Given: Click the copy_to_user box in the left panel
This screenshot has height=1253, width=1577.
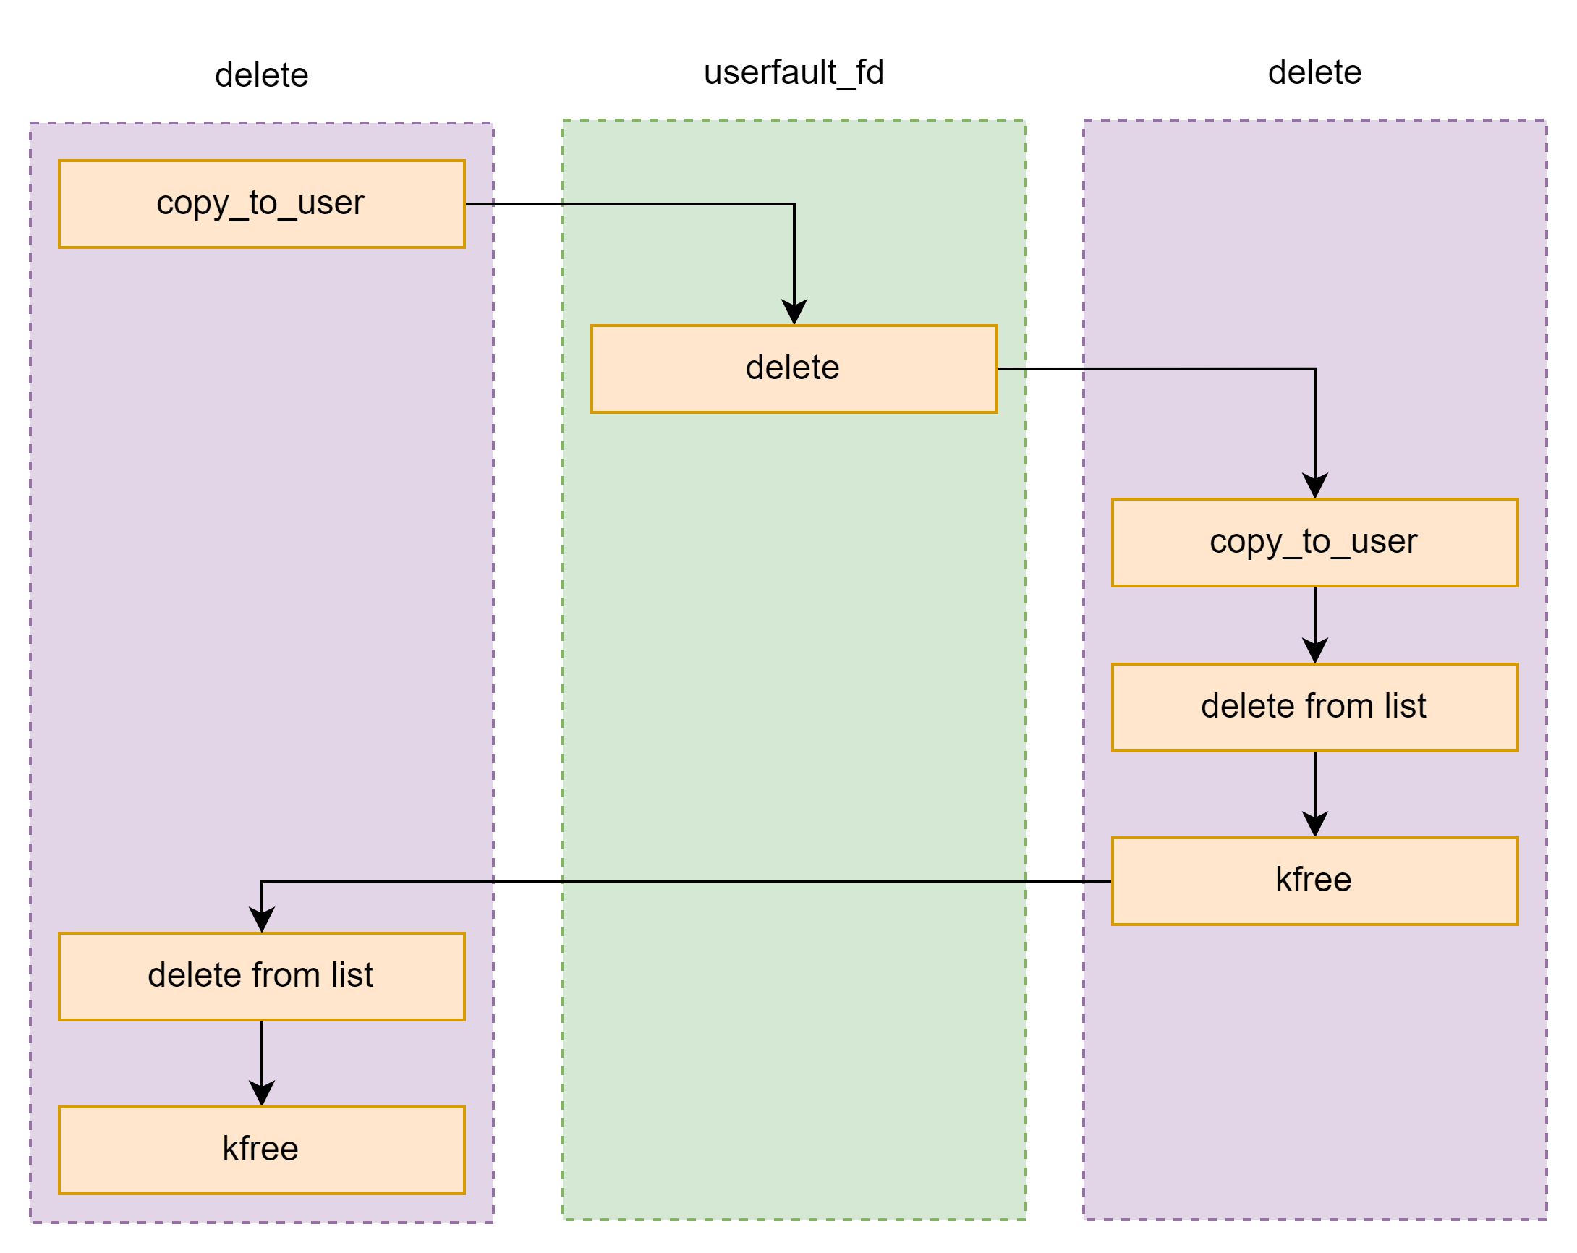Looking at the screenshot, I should (x=261, y=203).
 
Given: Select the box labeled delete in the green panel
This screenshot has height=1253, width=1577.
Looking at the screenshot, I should (x=794, y=369).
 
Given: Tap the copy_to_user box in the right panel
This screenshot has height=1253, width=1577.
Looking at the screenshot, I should (x=1314, y=542).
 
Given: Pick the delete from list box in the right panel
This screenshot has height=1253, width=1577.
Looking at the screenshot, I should (x=1314, y=707).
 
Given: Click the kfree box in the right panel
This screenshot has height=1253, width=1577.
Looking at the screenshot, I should (x=1314, y=880).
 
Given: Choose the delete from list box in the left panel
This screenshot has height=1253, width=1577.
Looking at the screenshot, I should (x=261, y=976).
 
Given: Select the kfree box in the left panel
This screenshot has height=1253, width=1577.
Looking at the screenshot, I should (x=261, y=1150).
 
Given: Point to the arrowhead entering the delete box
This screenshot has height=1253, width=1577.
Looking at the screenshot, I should (x=794, y=313).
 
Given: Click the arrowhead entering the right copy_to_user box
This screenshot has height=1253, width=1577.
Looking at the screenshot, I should (x=1314, y=487).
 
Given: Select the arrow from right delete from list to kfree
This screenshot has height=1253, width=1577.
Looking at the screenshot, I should (x=1314, y=793).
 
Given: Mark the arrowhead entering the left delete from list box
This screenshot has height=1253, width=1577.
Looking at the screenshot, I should (x=262, y=920).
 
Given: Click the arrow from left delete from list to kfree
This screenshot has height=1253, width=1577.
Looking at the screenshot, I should (x=262, y=1061).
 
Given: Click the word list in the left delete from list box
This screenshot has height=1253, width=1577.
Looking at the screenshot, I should (x=352, y=975).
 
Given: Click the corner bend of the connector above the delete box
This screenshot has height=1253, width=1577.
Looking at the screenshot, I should (x=794, y=204).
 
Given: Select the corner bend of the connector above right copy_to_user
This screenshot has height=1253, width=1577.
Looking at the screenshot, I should (x=1314, y=369).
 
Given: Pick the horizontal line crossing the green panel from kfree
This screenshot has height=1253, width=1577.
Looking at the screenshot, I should (x=794, y=880).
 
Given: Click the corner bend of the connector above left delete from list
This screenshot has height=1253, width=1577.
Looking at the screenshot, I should (x=262, y=880).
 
